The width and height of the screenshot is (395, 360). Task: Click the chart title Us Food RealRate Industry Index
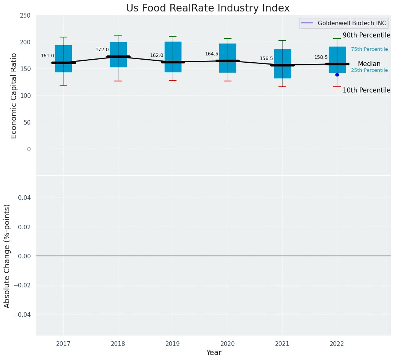pos(208,8)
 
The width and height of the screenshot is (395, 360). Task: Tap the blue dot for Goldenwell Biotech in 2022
pos(337,75)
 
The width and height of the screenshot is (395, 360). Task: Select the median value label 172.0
pos(102,50)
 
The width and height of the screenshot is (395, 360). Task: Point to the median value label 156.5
pos(266,58)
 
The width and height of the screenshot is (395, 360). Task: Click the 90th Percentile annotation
pos(366,36)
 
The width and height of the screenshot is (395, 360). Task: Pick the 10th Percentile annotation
pos(366,91)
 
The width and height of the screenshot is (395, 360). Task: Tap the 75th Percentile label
pos(369,49)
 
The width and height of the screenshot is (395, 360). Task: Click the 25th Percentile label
pos(369,70)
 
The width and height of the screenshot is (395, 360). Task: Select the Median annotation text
pos(369,64)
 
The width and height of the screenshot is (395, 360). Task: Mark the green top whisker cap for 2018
pos(118,35)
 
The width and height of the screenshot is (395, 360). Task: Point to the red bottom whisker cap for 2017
pos(63,85)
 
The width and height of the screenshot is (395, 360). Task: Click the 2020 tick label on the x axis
pos(228,344)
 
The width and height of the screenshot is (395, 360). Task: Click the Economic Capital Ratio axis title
pos(14,96)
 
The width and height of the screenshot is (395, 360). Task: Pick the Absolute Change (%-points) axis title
pos(7,256)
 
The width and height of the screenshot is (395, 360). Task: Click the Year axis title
pos(214,353)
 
